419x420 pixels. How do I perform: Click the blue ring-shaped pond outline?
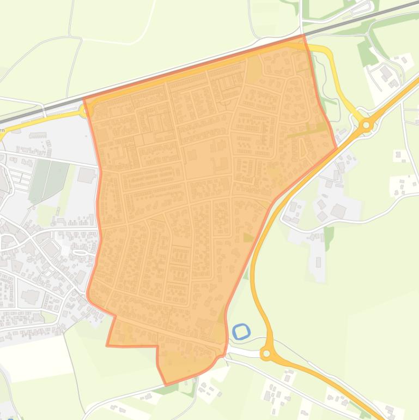coord(241,331)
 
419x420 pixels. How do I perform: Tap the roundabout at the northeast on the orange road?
coord(367,126)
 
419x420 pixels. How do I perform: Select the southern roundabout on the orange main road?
coord(266,354)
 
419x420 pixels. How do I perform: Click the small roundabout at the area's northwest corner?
coord(84,111)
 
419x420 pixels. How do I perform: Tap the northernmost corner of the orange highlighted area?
coord(303,36)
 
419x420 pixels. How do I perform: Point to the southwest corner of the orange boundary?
coord(107,345)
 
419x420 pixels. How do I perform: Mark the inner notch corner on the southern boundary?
coord(157,346)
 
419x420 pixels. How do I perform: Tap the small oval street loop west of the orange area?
coord(80,252)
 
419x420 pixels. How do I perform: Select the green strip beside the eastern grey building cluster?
coord(329,236)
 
